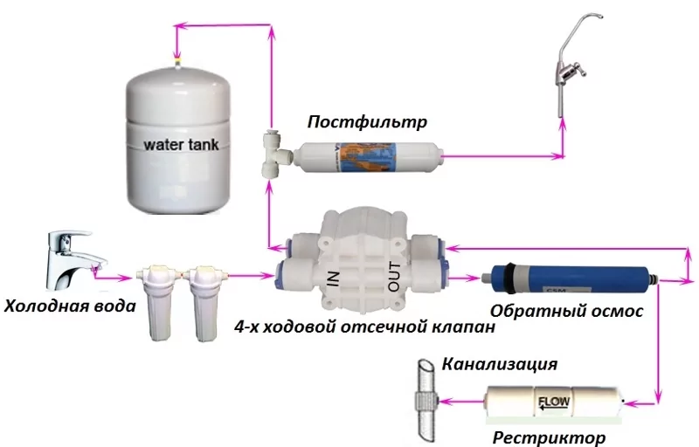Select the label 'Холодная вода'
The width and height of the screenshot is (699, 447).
point(70,306)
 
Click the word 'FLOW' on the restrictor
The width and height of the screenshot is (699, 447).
point(551,403)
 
